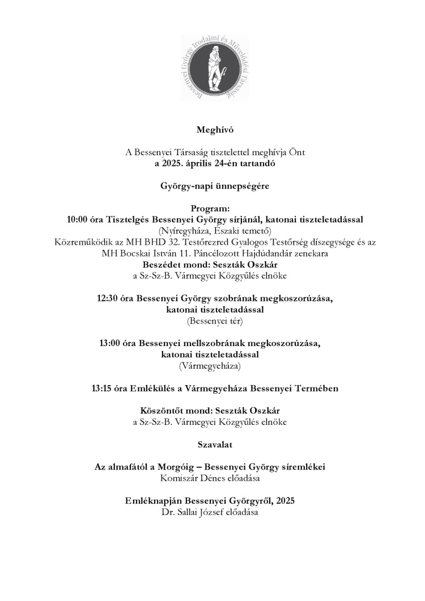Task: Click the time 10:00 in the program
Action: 78,219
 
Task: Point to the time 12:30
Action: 109,299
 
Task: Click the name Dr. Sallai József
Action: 186,513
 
